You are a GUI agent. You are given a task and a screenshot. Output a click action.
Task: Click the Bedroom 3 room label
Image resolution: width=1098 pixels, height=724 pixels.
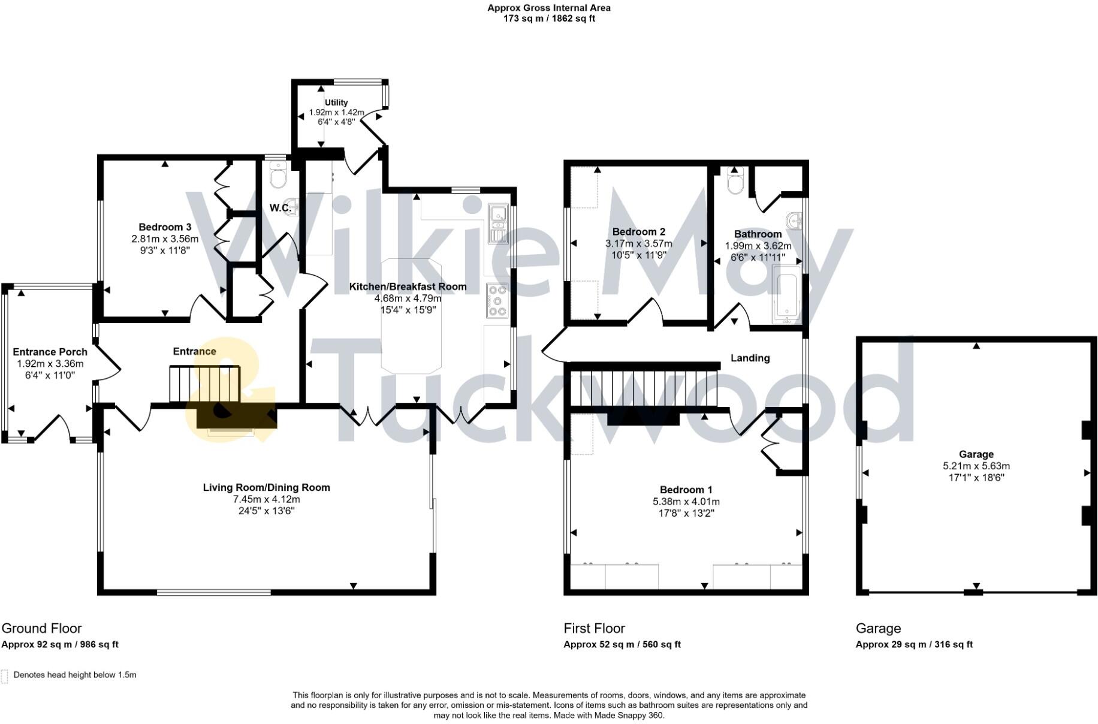click(x=165, y=227)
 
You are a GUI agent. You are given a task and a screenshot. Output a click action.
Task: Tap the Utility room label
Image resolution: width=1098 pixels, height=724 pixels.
click(x=336, y=102)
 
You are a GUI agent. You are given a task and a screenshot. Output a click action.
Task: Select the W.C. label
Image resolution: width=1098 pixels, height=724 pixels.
click(x=280, y=208)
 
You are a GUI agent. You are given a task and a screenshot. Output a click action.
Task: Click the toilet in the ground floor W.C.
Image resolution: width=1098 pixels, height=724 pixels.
click(x=279, y=177)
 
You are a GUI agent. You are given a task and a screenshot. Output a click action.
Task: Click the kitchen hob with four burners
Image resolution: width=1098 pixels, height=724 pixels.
click(x=497, y=300)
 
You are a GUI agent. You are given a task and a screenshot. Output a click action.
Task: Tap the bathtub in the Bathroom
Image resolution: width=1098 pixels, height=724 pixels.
click(x=786, y=296)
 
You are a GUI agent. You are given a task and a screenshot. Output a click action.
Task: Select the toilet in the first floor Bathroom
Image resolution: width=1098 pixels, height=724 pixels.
click(x=735, y=181)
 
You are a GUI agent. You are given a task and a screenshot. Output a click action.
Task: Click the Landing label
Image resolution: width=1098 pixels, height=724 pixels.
click(x=750, y=358)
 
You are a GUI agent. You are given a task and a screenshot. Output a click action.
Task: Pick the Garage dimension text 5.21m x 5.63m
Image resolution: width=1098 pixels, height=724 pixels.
click(x=976, y=466)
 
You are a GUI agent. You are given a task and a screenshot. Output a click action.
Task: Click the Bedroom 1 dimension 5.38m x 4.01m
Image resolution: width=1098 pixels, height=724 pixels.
click(x=686, y=502)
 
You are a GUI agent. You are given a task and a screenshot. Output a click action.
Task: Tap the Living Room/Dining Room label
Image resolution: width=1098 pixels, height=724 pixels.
click(x=266, y=487)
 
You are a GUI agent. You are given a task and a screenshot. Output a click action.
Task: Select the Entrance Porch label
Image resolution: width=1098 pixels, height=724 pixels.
click(x=50, y=352)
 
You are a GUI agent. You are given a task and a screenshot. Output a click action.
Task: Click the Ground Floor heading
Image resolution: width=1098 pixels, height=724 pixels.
click(x=41, y=628)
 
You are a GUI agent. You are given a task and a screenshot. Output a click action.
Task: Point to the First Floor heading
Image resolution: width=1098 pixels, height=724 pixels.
click(x=594, y=628)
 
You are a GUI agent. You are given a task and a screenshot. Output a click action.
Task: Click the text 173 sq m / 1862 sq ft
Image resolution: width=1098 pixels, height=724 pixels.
click(x=549, y=19)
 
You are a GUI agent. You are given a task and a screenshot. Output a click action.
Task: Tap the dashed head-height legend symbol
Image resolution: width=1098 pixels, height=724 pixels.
click(x=5, y=676)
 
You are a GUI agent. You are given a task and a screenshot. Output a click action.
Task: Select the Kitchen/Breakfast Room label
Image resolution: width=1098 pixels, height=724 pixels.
click(x=408, y=286)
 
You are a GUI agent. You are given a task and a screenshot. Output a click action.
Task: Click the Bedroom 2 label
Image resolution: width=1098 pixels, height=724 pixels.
click(x=638, y=232)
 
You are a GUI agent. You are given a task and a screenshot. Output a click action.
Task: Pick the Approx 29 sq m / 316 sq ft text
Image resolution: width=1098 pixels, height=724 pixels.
click(x=914, y=644)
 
